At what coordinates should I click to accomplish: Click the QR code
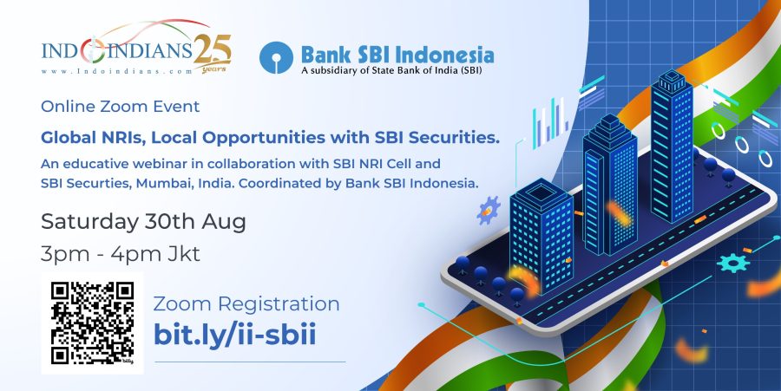pyautogui.click(x=92, y=323)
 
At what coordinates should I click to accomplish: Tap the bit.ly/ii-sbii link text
pyautogui.click(x=234, y=335)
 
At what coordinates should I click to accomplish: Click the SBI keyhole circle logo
pyautogui.click(x=276, y=58)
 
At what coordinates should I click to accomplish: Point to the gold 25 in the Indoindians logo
pyautogui.click(x=213, y=51)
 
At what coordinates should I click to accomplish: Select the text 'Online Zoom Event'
pyautogui.click(x=120, y=107)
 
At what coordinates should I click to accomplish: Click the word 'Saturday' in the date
pyautogui.click(x=89, y=222)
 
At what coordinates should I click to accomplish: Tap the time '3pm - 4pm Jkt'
pyautogui.click(x=120, y=254)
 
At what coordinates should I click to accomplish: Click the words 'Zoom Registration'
pyautogui.click(x=246, y=304)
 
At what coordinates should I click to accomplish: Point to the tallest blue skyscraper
pyautogui.click(x=672, y=146)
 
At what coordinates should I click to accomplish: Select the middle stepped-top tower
pyautogui.click(x=610, y=184)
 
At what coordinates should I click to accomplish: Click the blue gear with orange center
pyautogui.click(x=488, y=210)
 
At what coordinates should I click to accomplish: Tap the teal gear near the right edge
pyautogui.click(x=733, y=262)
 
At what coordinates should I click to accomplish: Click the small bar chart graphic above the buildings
pyautogui.click(x=550, y=123)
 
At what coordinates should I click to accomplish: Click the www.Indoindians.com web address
pyautogui.click(x=116, y=72)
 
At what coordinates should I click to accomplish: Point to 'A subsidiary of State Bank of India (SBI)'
pyautogui.click(x=391, y=70)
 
